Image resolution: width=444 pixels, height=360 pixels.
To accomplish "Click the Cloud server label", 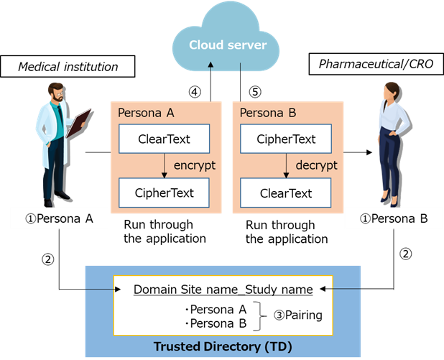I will click(228, 45).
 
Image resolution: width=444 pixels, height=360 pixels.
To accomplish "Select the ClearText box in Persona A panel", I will click(164, 139).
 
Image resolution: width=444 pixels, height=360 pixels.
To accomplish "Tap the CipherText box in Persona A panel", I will click(164, 193).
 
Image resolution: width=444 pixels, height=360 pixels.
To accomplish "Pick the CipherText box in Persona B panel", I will click(285, 139).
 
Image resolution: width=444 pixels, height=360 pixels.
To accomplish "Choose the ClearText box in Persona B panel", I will click(285, 193).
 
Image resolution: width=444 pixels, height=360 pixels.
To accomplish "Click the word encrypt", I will click(195, 166).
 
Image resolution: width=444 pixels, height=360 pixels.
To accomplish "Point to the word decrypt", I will click(317, 166).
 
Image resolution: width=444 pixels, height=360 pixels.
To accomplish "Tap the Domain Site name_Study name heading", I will click(223, 290).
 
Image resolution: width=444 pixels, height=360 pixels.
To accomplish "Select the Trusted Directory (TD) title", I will click(222, 346).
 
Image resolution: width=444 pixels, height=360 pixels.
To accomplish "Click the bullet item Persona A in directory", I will click(216, 309).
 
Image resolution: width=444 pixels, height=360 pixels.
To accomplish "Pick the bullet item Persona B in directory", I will click(216, 323).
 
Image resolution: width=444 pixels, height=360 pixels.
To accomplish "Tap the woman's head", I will click(392, 92).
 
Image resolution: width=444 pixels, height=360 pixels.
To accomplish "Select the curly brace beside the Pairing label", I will click(262, 315).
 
